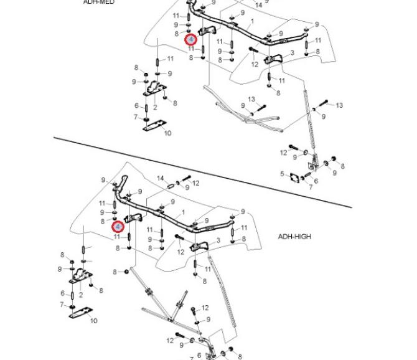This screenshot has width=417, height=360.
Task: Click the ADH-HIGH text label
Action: coord(294,237)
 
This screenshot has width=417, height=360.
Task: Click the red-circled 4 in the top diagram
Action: coord(191,39)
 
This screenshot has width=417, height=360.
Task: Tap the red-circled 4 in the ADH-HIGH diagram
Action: coord(117,227)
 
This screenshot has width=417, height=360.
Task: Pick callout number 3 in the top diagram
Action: coord(292,54)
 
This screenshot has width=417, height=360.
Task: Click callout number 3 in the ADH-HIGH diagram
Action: coord(218,241)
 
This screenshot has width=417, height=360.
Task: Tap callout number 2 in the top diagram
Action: coord(155,107)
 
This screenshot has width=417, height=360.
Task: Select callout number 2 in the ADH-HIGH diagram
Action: coord(81,295)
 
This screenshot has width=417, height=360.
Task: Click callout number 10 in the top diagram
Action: coord(167,133)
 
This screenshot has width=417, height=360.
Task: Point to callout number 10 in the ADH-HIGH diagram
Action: coord(94,321)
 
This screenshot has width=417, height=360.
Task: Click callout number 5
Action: coord(282,174)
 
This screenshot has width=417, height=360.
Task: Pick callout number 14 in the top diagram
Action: coord(258,5)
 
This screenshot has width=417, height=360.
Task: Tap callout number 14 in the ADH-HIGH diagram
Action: coord(160,179)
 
